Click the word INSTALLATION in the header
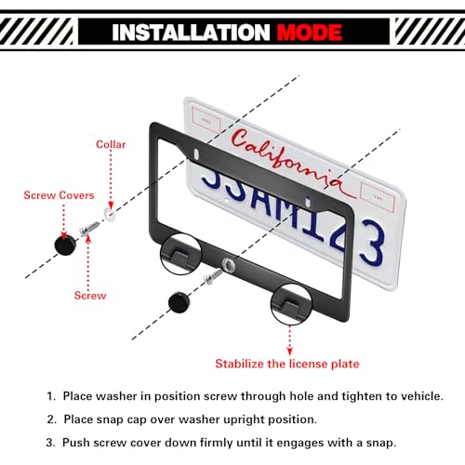coord(192,33)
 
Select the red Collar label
coord(112,144)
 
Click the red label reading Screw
coord(89,296)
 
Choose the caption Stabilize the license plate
coord(286,363)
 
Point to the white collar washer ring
coord(110,214)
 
